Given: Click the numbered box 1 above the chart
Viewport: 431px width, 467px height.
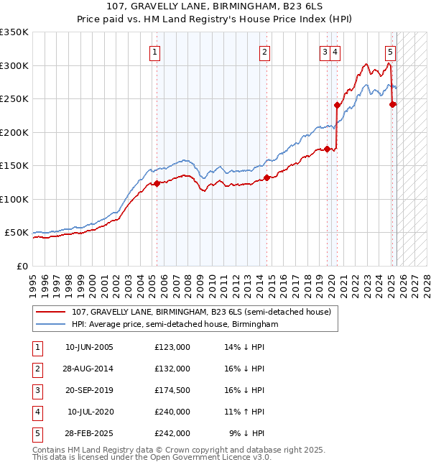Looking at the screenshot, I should [x=155, y=51].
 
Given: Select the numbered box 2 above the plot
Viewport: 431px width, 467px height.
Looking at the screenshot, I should [x=265, y=51].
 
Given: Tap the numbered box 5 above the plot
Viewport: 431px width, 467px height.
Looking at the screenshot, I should [x=390, y=51].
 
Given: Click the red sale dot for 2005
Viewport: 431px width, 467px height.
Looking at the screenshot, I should [x=157, y=184].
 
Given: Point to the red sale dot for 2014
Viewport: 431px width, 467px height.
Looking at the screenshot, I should [x=267, y=177].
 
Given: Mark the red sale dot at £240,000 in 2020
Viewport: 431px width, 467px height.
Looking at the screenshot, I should [x=336, y=105].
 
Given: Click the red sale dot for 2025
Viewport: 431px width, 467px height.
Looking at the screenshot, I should [x=392, y=104].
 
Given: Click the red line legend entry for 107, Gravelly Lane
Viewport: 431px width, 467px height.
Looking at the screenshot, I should [x=201, y=313].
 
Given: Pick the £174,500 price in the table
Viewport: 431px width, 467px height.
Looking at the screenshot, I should [x=172, y=390].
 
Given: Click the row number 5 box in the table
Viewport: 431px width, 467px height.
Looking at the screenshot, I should [x=37, y=433].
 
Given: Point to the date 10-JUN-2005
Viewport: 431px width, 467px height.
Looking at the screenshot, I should [x=89, y=347].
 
